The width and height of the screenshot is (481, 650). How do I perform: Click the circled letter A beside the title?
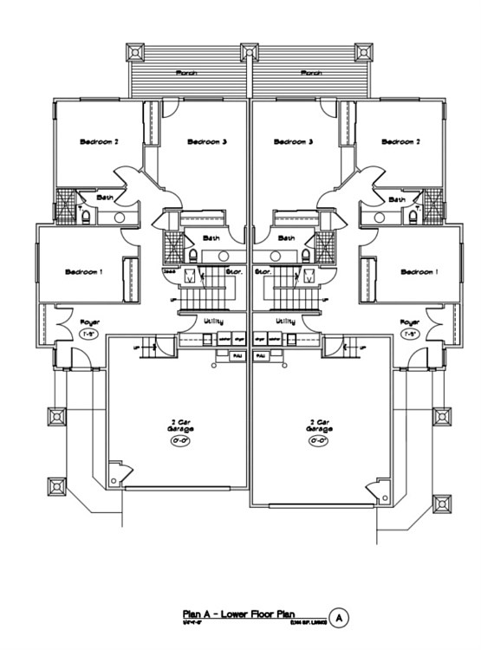(339, 617)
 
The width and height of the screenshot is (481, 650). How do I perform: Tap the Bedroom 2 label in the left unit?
(99, 142)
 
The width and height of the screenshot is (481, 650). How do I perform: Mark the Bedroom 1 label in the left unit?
(84, 272)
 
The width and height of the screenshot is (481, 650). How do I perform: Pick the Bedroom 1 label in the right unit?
(419, 272)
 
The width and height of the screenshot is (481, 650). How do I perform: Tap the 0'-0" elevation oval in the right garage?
(317, 440)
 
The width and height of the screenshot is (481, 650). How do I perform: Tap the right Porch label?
(312, 74)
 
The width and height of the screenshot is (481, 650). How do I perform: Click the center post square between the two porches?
(250, 52)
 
